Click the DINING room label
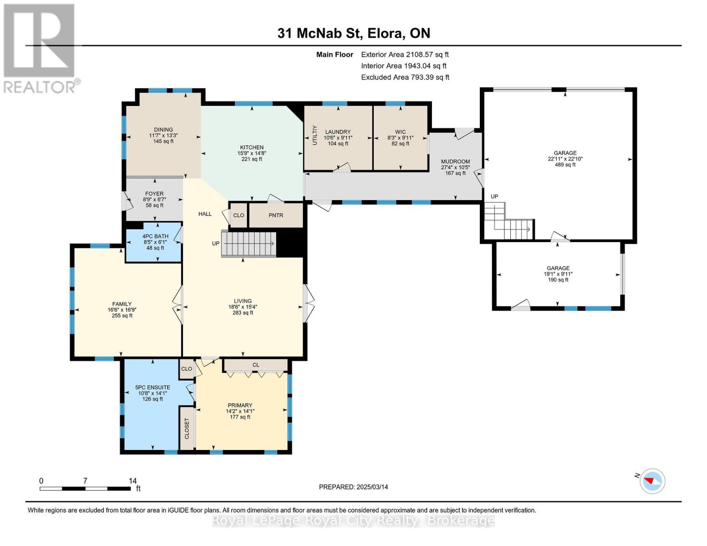(163, 129)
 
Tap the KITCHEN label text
(252, 147)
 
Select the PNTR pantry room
(276, 215)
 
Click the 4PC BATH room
(154, 242)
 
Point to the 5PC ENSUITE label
(153, 387)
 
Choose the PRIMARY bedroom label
(240, 405)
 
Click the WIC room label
(400, 132)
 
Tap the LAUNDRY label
(338, 132)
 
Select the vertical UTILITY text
(314, 135)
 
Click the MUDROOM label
(455, 162)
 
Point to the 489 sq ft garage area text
(565, 165)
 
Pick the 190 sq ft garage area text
(558, 280)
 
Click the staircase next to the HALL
(249, 244)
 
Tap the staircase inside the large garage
(509, 221)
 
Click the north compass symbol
(652, 481)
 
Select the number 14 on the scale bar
(132, 481)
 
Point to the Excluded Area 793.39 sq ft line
(405, 77)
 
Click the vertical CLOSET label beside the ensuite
(187, 428)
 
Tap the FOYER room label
(154, 194)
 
